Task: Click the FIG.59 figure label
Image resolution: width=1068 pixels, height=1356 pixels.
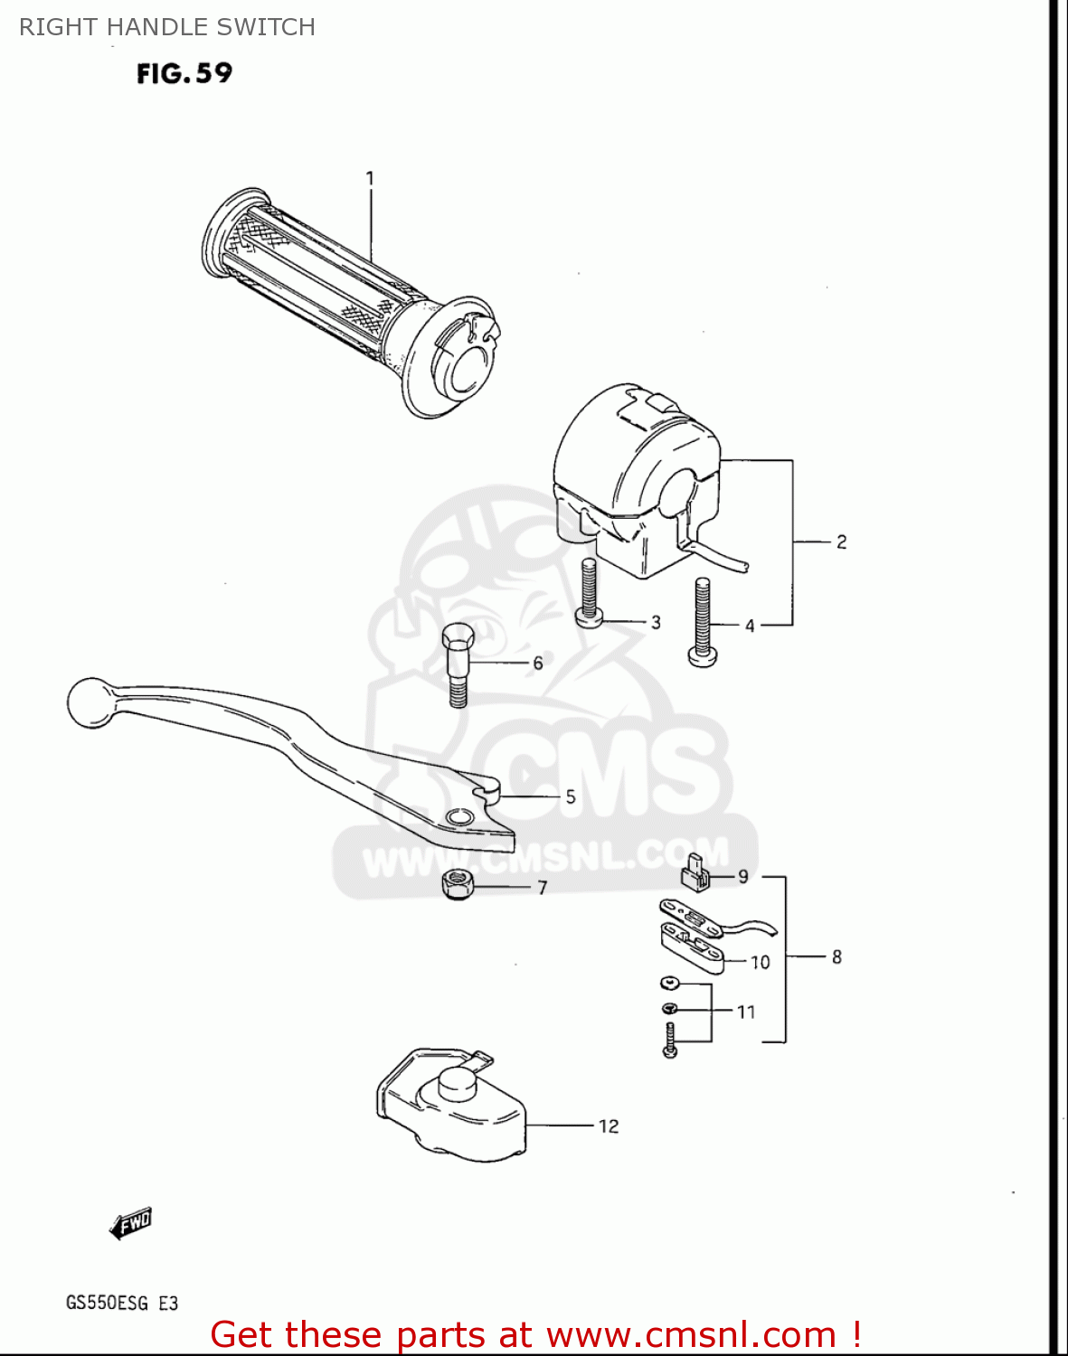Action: pos(184,74)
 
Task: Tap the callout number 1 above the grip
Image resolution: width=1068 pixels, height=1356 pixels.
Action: pos(370,179)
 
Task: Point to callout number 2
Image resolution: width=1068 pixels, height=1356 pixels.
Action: pos(842,541)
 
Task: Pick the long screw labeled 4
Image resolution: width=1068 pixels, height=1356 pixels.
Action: pos(703,622)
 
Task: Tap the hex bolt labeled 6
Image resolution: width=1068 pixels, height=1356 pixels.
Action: pos(458,664)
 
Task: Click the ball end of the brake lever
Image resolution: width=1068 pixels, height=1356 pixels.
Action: pos(90,702)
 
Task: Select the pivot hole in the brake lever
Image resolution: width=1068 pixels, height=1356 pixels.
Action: pos(459,818)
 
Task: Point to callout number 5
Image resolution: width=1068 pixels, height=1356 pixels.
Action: pos(571,797)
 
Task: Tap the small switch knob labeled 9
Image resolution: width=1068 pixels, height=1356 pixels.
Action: pos(695,873)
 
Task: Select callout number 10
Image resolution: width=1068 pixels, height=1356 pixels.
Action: pos(760,962)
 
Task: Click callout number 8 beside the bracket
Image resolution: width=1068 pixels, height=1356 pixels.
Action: pos(836,956)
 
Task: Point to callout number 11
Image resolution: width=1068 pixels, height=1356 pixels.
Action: pos(746,1012)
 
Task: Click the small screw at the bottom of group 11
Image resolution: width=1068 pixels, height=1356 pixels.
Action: pos(669,1041)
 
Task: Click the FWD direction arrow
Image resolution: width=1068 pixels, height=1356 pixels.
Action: pos(130,1223)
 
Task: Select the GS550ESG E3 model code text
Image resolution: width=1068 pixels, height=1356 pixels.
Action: pos(122,1303)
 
